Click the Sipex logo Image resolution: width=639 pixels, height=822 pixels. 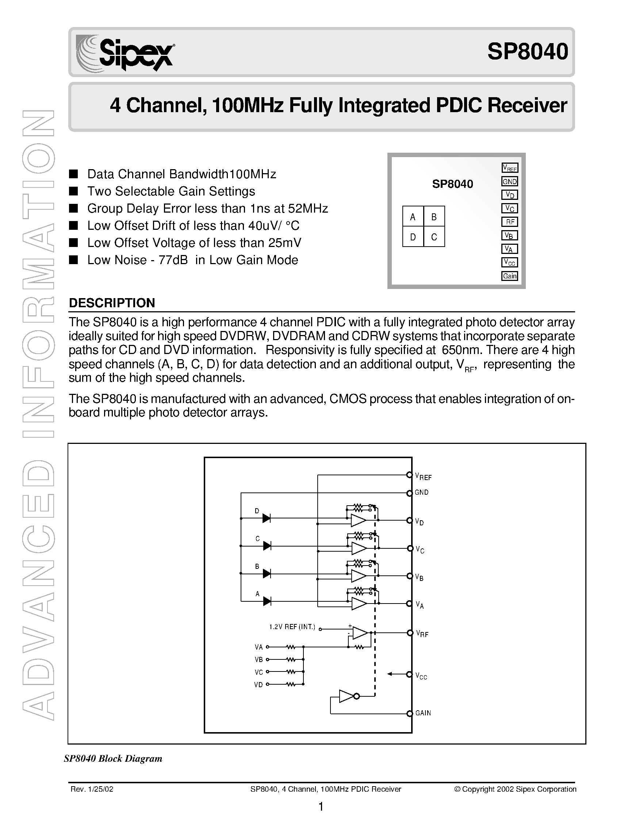point(125,53)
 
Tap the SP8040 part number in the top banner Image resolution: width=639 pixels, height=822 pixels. point(527,52)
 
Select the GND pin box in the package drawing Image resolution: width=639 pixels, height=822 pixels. point(510,182)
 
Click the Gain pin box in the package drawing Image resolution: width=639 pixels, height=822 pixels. point(510,276)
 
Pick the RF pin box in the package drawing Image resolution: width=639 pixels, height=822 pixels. point(510,222)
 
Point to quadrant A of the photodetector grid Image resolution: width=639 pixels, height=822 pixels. point(413,216)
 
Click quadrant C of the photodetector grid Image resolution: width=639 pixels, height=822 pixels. point(434,237)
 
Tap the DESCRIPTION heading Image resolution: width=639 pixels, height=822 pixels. point(112,303)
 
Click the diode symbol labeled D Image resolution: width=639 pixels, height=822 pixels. point(267,518)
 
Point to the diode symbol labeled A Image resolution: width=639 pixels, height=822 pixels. point(267,601)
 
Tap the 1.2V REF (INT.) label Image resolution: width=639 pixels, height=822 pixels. point(292,627)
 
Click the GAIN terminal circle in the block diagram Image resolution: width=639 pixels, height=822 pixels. point(409,713)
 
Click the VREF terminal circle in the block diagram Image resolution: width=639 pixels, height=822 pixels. point(409,475)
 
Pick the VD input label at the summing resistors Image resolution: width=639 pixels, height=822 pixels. point(259,685)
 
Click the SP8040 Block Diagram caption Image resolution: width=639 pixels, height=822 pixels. point(113,758)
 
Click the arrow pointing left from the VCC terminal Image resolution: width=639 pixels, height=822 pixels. point(394,674)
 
